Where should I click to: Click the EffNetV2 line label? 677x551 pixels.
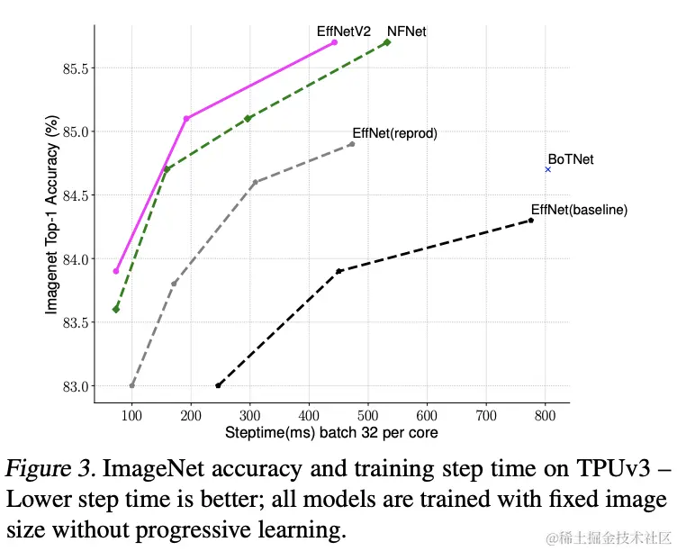[343, 31]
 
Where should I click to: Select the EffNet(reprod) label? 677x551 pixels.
[394, 132]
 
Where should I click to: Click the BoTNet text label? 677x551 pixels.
[571, 159]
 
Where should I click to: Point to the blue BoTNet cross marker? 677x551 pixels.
[547, 169]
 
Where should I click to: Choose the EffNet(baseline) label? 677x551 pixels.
[579, 210]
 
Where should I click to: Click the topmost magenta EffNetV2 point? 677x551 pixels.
[334, 42]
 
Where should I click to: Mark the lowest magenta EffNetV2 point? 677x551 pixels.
[116, 271]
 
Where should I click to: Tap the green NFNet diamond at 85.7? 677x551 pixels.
[387, 42]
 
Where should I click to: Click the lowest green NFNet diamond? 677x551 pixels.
[116, 310]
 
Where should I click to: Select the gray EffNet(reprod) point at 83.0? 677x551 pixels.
[132, 385]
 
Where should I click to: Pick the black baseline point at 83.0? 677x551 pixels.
[219, 385]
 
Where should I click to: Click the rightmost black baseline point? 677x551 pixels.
[531, 221]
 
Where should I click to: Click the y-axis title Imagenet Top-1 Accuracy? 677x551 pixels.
[51, 214]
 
